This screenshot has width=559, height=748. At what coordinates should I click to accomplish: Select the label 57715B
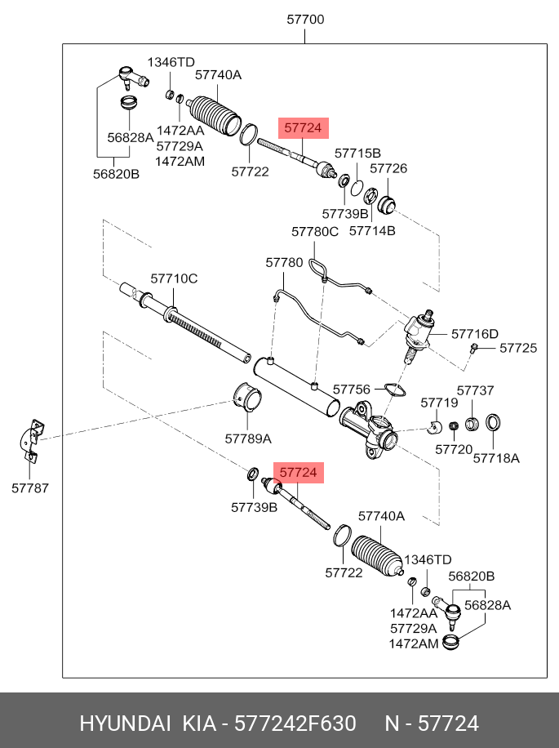coord(357,153)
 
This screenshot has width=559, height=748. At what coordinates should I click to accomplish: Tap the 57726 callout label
coord(388,168)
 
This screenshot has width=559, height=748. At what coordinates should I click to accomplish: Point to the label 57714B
coord(371,231)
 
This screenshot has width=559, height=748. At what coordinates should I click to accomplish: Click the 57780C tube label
coord(314,232)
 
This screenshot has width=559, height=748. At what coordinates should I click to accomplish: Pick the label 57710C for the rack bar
coord(173,278)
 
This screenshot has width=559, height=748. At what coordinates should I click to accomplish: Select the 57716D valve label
coord(474,333)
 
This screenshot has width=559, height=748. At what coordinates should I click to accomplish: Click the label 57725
coord(518,348)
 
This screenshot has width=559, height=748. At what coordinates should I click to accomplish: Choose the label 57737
coord(475,390)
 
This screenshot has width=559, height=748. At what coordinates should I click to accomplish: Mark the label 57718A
coord(496,458)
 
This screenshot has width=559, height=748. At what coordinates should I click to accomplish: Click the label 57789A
coord(248,439)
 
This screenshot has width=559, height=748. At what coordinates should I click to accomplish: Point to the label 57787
coord(29,488)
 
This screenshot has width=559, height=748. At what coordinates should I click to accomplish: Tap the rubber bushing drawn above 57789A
coord(248,398)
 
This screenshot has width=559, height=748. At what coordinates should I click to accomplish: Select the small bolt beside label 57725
coord(474,349)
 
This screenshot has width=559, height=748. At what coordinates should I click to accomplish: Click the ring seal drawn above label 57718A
coord(493,423)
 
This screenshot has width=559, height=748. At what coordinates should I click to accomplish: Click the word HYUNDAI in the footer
coord(125,724)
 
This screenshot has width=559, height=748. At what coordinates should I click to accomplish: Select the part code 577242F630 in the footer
coord(295,724)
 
